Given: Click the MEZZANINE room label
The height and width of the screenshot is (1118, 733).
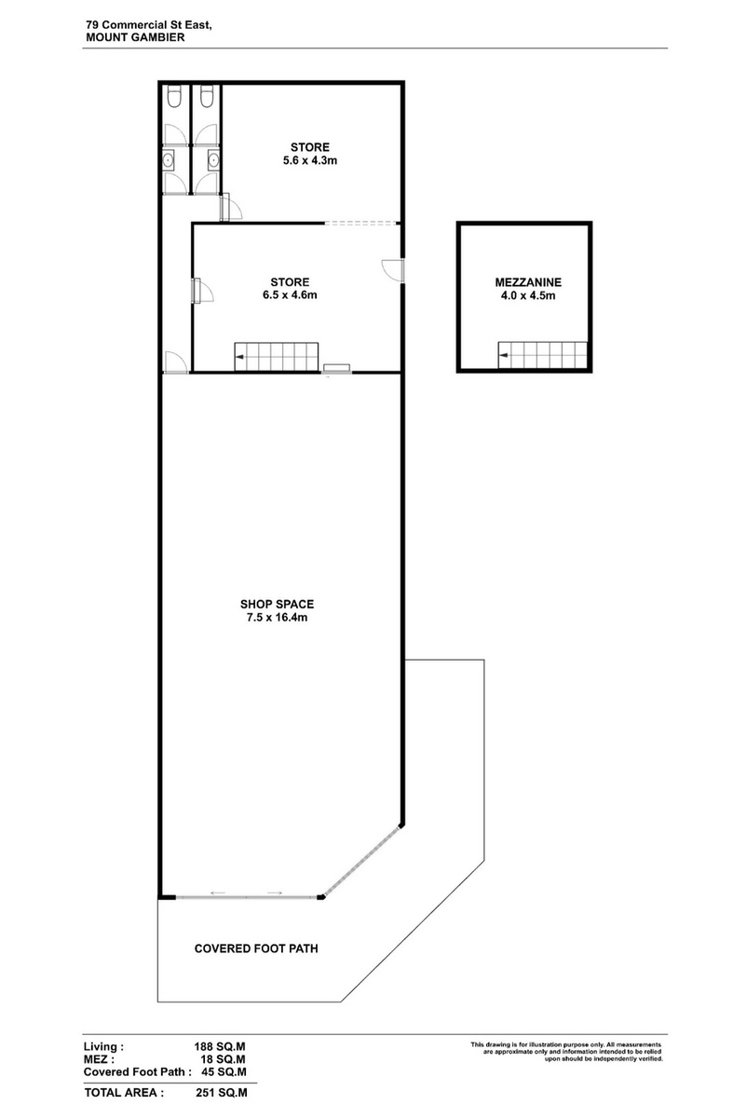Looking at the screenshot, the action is tap(528, 282).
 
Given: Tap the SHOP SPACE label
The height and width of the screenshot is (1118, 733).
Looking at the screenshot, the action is tap(277, 604).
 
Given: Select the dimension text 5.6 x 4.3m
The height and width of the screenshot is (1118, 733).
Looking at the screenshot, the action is tap(310, 160).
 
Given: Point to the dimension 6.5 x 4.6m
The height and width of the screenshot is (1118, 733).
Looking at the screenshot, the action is tap(290, 295).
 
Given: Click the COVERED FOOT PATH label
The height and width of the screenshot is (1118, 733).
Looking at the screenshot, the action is tap(256, 948).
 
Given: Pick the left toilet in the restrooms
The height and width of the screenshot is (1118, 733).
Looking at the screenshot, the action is tap(174, 96).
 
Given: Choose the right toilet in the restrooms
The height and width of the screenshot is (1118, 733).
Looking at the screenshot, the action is tap(207, 96).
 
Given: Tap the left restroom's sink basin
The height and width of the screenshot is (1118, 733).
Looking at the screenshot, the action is tap(169, 160).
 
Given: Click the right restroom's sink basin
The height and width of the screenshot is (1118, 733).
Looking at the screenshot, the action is tap(213, 160).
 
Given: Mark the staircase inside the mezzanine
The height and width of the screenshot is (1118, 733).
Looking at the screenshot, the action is tap(542, 355).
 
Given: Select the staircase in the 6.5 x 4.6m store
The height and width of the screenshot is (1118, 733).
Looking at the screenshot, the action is tap(277, 356).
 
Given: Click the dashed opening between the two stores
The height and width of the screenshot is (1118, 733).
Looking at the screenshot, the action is tap(361, 223).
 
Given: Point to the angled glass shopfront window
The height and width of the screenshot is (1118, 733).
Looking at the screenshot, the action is tap(362, 861).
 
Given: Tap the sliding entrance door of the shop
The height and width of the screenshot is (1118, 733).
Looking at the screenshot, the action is tap(247, 897).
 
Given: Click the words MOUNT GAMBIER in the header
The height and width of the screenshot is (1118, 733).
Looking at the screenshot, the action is tap(135, 37).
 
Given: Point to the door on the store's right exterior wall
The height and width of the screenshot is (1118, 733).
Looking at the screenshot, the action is tap(394, 270).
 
